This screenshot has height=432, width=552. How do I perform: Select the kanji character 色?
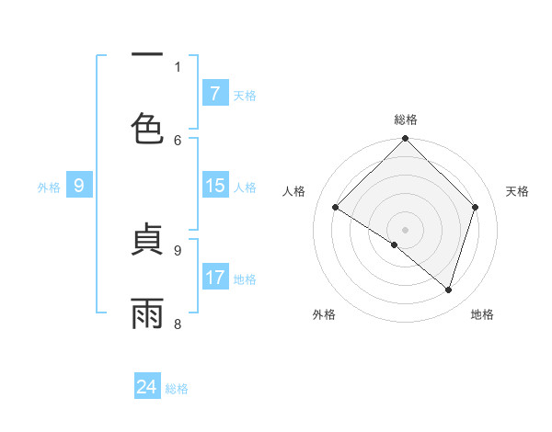tap(147, 127)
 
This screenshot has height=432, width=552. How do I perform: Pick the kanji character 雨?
tap(147, 311)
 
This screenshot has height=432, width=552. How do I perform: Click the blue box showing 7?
tap(214, 94)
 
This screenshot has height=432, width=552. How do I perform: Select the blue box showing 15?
tap(214, 186)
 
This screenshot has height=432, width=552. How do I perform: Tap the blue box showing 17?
tap(214, 278)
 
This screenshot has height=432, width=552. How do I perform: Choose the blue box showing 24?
tap(147, 387)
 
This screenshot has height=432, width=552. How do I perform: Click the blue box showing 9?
tap(79, 186)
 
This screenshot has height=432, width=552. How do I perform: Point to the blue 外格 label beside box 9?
tap(49, 187)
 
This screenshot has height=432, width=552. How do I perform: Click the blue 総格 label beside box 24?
tap(177, 389)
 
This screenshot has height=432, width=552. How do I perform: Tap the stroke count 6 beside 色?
tap(178, 140)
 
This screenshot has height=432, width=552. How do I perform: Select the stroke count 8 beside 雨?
tap(178, 324)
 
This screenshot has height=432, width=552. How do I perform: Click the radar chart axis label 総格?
tap(406, 119)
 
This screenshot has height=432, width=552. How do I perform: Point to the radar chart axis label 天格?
tap(517, 191)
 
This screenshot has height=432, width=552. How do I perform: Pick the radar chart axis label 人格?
tap(294, 191)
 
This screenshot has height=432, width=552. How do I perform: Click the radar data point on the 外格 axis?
tap(395, 244)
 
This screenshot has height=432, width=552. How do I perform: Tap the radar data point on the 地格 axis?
tap(448, 290)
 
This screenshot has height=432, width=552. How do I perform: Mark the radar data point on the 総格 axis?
tap(406, 140)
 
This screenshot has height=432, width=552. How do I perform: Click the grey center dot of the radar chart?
tap(406, 229)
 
